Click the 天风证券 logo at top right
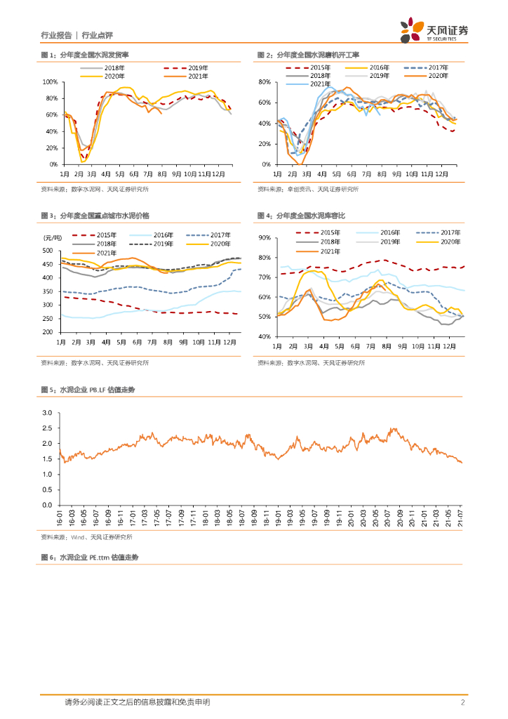434,30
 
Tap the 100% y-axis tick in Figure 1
51,82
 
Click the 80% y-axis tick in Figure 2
265,82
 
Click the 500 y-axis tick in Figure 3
48,251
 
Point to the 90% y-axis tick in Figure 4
265,238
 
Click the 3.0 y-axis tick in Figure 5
48,413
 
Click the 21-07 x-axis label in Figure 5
460,519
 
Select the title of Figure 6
90,557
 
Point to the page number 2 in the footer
462,703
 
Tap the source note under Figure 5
86,537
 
